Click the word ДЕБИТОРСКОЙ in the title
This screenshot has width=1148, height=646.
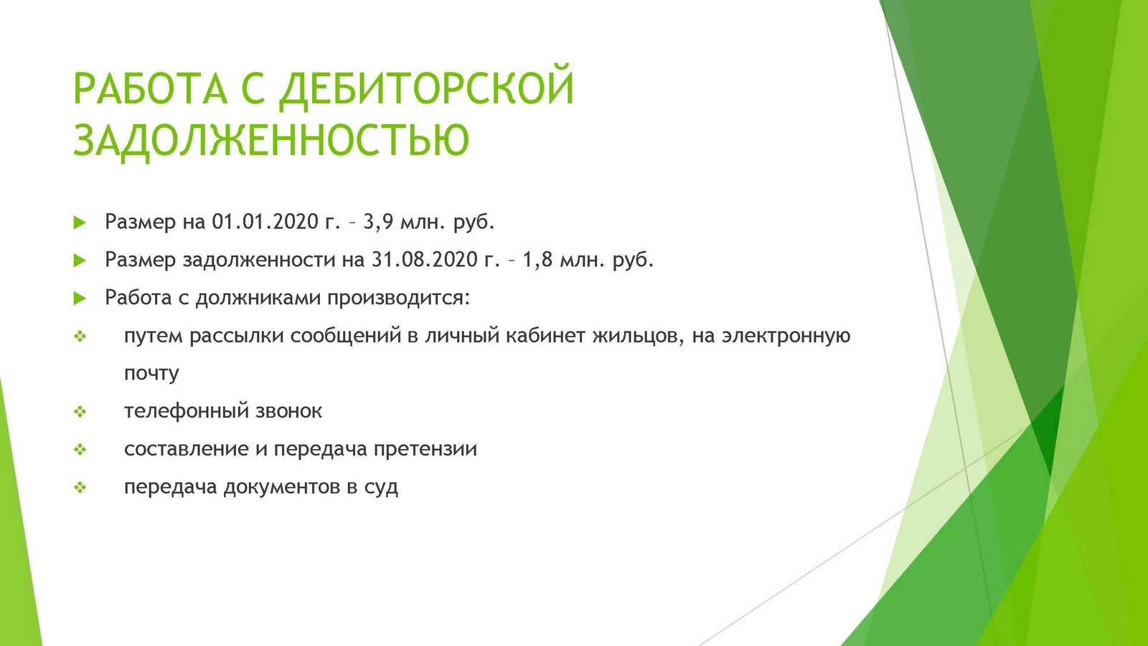(x=426, y=88)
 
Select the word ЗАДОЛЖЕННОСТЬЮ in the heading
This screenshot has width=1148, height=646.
(x=271, y=140)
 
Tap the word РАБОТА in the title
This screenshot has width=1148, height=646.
(x=150, y=88)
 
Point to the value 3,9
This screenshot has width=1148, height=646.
(x=378, y=223)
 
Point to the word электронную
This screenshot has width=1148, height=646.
(x=786, y=337)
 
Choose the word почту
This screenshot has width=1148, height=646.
(x=151, y=374)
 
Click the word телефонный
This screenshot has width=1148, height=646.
(x=187, y=411)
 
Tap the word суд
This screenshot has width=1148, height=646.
(x=381, y=488)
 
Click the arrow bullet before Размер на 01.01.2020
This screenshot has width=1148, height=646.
(x=80, y=223)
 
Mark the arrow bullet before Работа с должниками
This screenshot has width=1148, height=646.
(x=80, y=299)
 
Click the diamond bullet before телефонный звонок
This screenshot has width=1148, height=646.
(x=80, y=412)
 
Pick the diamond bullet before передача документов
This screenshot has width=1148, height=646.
(x=80, y=487)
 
